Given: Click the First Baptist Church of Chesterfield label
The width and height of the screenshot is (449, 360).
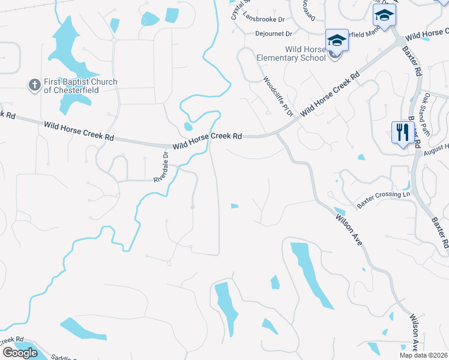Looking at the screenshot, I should pos(80,86).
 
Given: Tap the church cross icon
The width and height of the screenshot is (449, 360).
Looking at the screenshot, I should pos(34,85).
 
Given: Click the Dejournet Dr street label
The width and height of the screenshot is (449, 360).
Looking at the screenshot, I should pos(273,34).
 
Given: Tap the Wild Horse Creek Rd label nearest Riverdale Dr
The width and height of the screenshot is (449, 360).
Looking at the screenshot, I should pos(207,141).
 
